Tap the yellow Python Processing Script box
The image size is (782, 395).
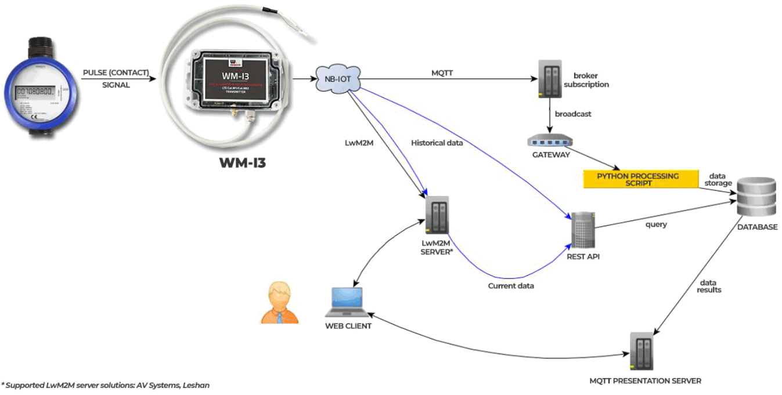640,179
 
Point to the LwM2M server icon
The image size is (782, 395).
437,215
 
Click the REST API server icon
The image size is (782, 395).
582,230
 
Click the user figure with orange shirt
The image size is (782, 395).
279,302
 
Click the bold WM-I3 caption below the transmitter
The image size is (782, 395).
242,162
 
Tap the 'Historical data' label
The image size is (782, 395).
437,143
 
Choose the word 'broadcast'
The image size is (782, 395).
572,114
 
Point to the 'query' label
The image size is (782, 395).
655,224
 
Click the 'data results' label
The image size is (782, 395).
709,285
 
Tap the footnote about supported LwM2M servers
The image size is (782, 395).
105,385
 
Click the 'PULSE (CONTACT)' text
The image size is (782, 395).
116,73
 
